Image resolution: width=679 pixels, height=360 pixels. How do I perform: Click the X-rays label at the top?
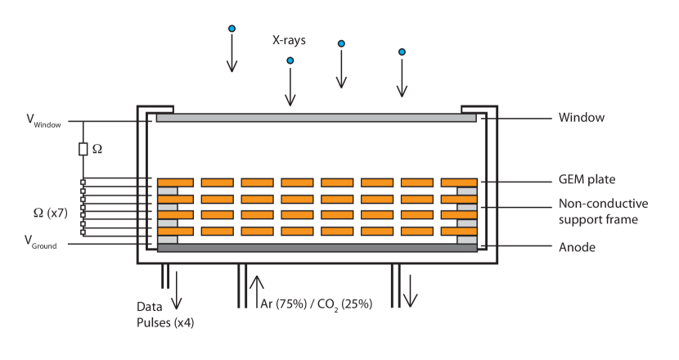290,40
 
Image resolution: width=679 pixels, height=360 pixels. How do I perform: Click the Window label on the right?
581,118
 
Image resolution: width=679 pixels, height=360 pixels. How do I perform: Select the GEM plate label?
587,180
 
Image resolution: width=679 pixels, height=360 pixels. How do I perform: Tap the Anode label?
577,247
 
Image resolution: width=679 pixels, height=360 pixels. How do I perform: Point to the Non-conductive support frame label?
603,212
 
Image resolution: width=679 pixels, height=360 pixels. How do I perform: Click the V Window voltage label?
43,123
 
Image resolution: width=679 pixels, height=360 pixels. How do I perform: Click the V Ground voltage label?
40,243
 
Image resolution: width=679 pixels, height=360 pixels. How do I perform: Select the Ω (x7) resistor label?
50,214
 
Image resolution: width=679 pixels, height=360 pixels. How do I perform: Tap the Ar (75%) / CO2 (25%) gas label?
316,304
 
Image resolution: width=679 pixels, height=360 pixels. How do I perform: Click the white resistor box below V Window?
83,150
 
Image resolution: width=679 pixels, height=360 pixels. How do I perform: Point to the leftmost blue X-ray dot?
232,29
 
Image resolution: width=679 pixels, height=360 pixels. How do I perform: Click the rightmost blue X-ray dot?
402,52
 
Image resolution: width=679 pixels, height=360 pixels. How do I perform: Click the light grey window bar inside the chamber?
316,119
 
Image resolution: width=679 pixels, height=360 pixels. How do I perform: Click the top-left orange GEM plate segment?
175,182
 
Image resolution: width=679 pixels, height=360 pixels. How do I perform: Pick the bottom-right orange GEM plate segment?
459,231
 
